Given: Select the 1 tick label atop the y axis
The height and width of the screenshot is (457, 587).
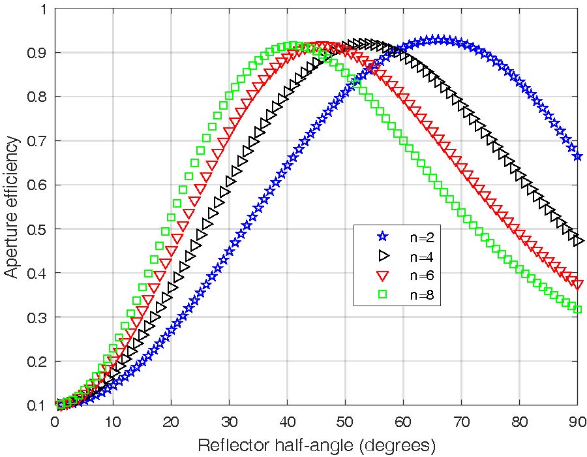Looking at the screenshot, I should (43, 9).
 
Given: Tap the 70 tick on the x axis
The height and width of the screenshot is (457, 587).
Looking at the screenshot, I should (461, 421).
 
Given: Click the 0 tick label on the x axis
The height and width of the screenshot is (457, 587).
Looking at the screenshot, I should (55, 421).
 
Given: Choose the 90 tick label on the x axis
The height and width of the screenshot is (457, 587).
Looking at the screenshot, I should (577, 421).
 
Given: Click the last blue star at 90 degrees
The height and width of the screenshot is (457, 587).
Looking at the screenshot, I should (577, 156).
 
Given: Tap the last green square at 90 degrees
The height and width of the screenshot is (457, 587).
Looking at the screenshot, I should (577, 309).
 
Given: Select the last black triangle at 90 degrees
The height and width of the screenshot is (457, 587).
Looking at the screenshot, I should (578, 241).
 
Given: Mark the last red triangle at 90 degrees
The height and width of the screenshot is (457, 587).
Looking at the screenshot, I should (577, 284).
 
